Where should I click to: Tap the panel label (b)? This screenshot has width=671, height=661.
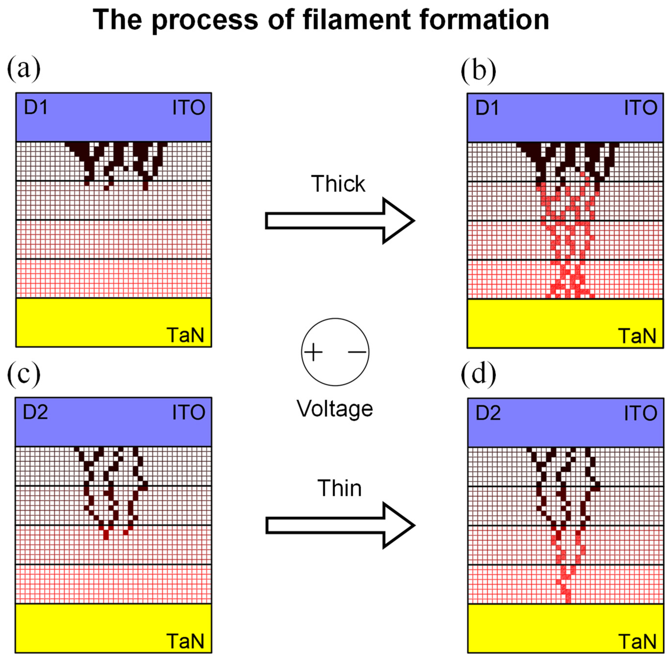(x=478, y=70)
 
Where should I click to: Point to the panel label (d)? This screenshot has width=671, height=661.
(x=478, y=373)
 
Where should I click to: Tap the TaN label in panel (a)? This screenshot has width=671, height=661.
(x=185, y=335)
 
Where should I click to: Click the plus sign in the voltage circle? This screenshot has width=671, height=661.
(x=313, y=352)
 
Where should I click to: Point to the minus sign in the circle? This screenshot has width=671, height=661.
(x=357, y=352)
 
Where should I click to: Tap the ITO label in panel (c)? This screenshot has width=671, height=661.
(x=189, y=413)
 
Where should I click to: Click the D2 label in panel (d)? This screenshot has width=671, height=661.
(x=488, y=413)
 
